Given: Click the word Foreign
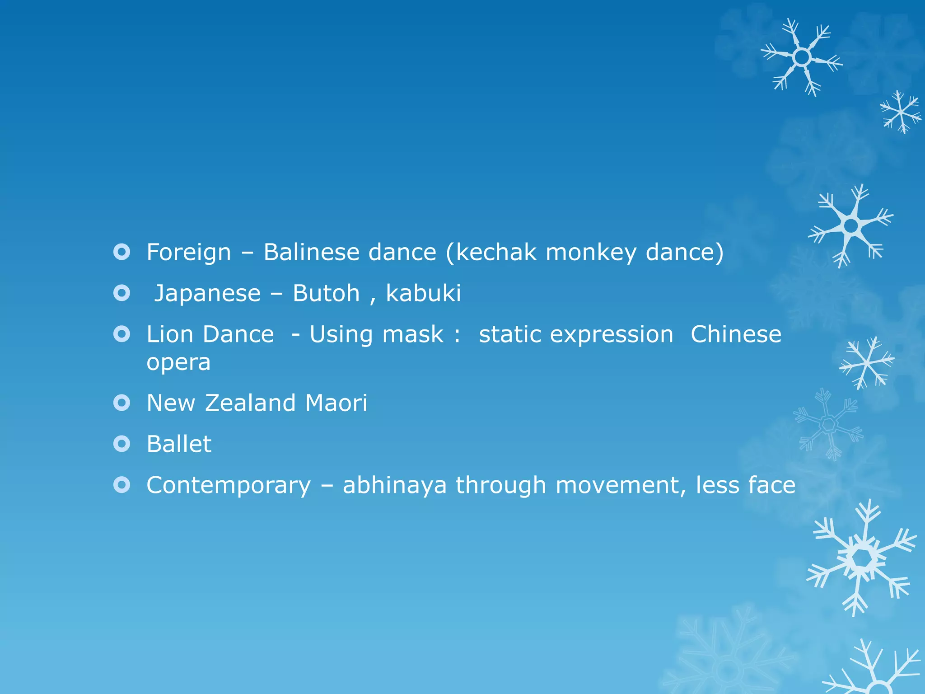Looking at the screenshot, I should tap(189, 252).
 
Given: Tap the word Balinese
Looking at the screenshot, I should tap(312, 252).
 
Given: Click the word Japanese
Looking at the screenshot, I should tap(207, 294).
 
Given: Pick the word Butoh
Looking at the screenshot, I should tap(326, 293).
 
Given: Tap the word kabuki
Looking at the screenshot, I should tap(423, 293).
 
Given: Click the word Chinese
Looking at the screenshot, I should tap(736, 334).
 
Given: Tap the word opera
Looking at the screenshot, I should tap(178, 363).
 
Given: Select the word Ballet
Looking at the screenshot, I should tap(179, 444).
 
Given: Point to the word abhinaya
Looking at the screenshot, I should tap(394, 486).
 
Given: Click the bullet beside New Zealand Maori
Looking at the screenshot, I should tap(122, 403).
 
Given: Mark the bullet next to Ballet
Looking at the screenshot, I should tap(122, 444).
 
